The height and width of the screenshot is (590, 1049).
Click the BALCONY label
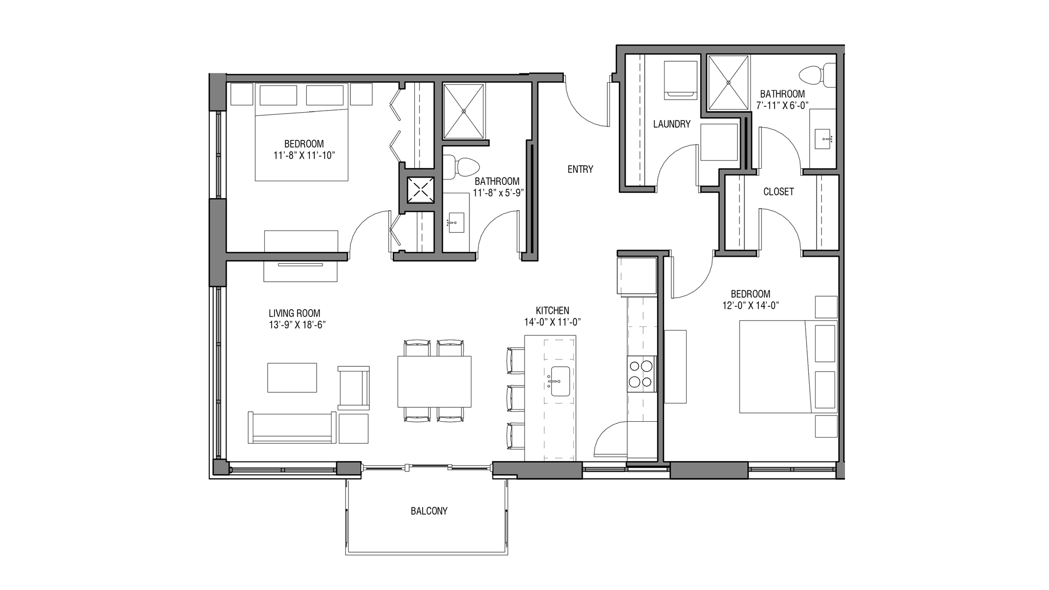[429, 511]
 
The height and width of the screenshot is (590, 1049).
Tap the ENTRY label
[580, 169]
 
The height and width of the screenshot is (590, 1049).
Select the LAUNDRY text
[671, 124]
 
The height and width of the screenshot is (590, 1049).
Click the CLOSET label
[778, 192]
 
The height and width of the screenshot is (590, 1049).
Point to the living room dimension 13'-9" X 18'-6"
[297, 325]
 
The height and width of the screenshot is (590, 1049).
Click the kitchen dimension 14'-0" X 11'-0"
[552, 322]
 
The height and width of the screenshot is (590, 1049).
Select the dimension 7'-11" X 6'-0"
[782, 105]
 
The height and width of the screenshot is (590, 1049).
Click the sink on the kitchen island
[560, 381]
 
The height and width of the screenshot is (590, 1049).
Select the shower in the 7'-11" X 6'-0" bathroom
[728, 82]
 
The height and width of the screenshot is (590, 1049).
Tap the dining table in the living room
[434, 381]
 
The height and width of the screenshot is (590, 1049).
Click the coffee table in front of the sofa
[292, 377]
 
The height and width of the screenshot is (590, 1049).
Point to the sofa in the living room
[292, 428]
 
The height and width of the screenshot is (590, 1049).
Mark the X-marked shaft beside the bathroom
[421, 190]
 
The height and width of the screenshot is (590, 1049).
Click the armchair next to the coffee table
[354, 388]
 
